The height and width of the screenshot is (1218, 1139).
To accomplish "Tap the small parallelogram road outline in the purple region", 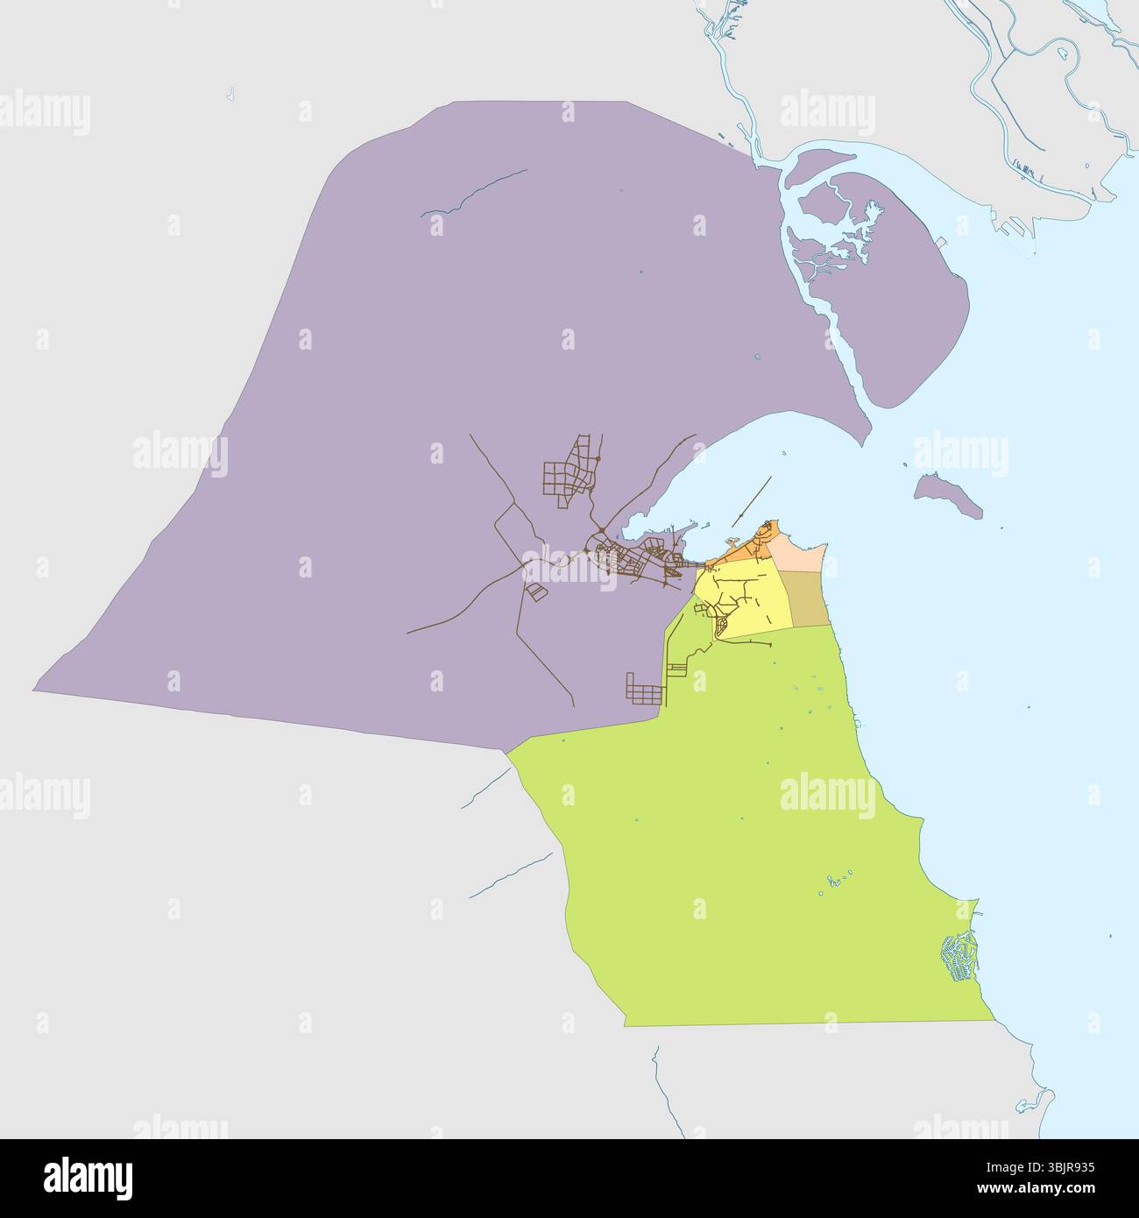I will click(x=534, y=592).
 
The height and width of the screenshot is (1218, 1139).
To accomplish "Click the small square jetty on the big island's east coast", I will click(x=940, y=241).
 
